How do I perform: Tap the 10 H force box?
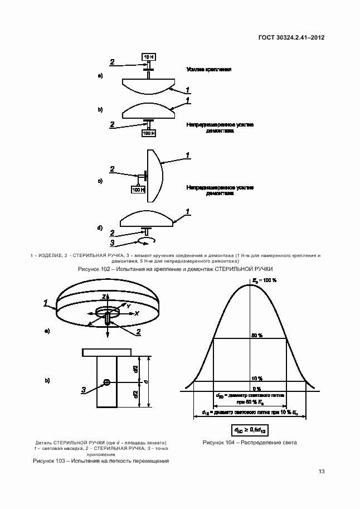(x=149, y=57)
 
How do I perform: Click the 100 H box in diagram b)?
(x=149, y=133)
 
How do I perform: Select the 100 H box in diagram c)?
(x=138, y=190)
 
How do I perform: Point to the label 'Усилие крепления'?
(x=209, y=69)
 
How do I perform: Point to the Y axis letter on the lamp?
(x=128, y=306)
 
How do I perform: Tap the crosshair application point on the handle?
(x=107, y=382)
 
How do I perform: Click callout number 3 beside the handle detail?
(x=84, y=390)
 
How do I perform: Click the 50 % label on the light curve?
(x=256, y=335)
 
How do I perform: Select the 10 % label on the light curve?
(x=256, y=379)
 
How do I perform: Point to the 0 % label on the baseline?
(x=256, y=388)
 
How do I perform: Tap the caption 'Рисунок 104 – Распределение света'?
(x=250, y=443)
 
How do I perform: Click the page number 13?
(x=322, y=472)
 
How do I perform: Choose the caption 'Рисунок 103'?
(x=101, y=461)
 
